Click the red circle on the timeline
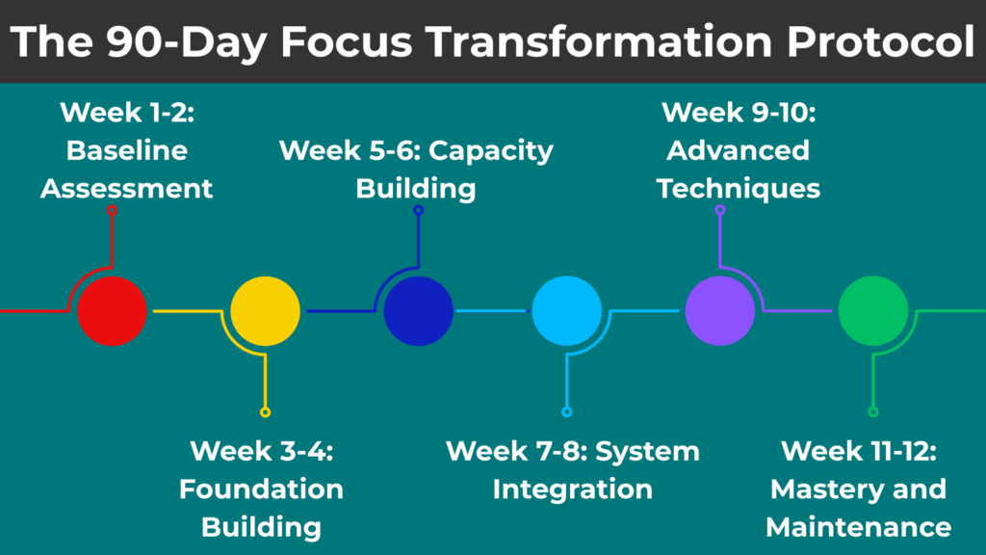112,310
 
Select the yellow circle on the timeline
265,310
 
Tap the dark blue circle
418,310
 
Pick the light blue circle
567,310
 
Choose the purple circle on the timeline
720,310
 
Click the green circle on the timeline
872,310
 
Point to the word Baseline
126,150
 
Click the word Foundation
261,489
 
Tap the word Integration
572,489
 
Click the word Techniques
739,188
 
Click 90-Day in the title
150,42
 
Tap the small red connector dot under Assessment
112,209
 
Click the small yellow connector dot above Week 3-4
265,412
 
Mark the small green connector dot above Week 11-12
872,412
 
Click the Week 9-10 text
739,113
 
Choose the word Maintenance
858,527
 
